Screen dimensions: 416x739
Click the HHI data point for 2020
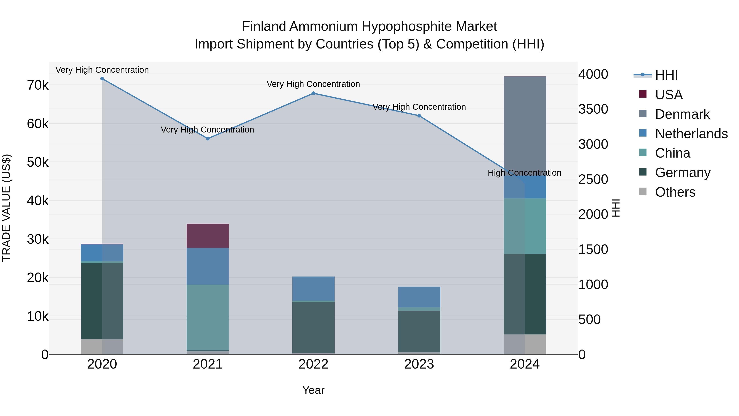102,79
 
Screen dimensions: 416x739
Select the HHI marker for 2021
208,139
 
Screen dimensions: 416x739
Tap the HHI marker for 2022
313,93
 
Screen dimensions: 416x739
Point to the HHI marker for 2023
419,116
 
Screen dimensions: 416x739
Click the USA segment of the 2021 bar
208,236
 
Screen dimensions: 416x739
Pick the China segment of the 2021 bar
208,317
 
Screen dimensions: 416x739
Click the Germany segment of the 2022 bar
313,327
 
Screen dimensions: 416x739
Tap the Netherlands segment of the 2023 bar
419,297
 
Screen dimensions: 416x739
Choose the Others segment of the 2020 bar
102,347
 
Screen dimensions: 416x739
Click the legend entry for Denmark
682,114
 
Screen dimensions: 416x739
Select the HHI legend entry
666,75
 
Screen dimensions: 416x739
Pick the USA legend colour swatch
643,94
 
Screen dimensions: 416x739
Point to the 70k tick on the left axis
38,85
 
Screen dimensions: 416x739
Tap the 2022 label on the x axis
313,364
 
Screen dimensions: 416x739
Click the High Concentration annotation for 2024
524,173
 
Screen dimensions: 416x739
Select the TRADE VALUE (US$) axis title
6,208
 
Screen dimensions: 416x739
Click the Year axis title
313,390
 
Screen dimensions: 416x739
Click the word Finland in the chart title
264,27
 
